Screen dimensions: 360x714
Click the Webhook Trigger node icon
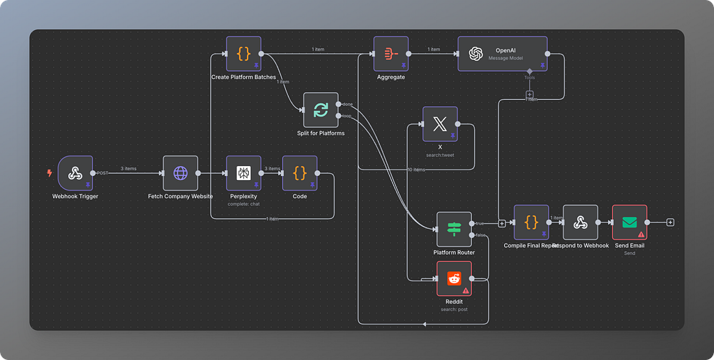(x=75, y=173)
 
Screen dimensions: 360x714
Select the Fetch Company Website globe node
(x=181, y=173)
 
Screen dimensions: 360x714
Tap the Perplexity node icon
(x=243, y=173)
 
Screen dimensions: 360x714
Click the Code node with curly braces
(x=300, y=173)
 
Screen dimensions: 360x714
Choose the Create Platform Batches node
(x=243, y=54)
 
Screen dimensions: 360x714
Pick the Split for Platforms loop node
(x=321, y=110)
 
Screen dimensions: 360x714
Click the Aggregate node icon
(x=391, y=54)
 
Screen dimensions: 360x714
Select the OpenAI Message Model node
(x=502, y=54)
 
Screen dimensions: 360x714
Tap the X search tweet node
(x=440, y=124)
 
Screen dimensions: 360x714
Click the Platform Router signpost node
(x=454, y=229)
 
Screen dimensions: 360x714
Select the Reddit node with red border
(x=454, y=278)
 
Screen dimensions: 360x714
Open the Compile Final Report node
(x=531, y=223)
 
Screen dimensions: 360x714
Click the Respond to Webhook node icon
(x=580, y=223)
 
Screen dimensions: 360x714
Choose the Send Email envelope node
(x=630, y=223)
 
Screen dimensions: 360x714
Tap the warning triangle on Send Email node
(x=641, y=234)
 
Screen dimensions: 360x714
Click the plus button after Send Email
(x=670, y=223)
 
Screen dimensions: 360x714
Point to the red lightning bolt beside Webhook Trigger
(x=50, y=173)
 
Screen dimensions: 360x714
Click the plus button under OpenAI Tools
(x=529, y=93)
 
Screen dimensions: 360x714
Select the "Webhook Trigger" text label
(x=75, y=197)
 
